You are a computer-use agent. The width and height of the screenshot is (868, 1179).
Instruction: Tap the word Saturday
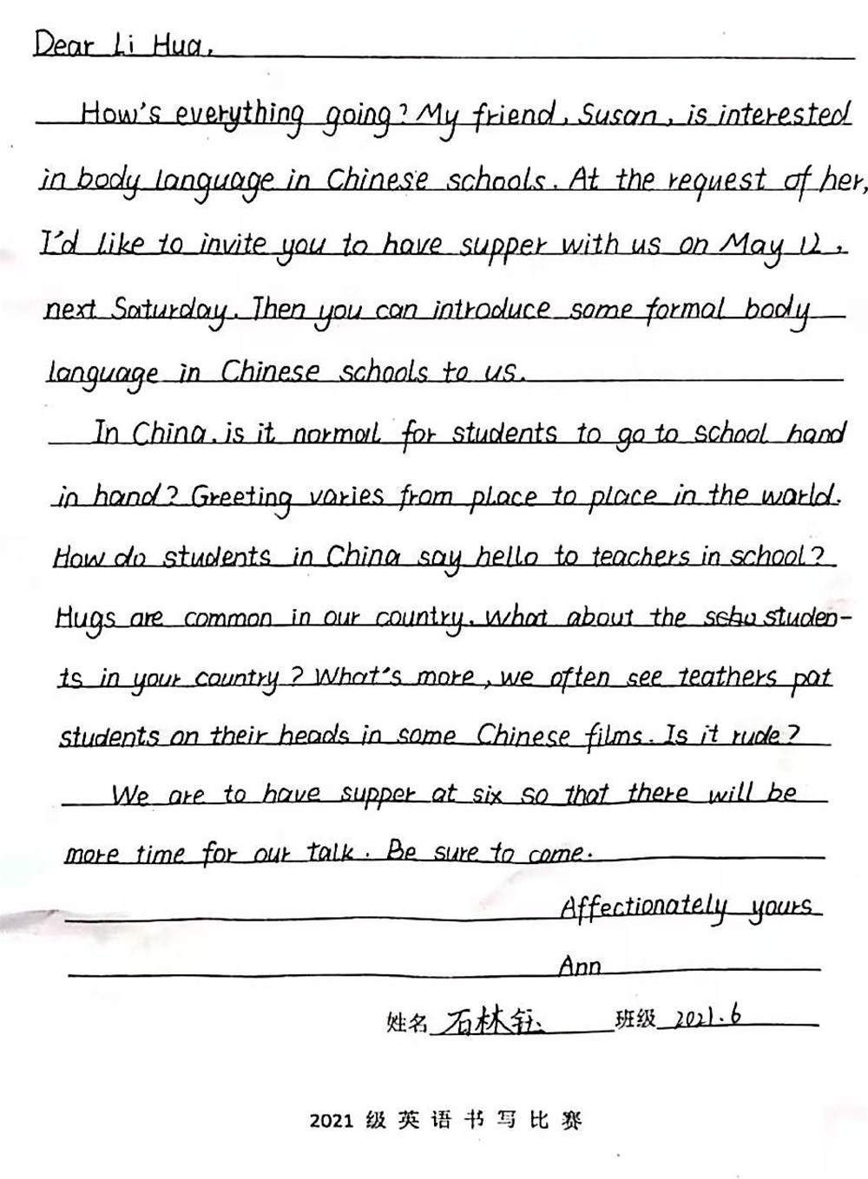click(170, 311)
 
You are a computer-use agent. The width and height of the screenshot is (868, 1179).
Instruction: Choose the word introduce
click(491, 310)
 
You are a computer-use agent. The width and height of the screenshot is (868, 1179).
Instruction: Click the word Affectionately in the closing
click(643, 908)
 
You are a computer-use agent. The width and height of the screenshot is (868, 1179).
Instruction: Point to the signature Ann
click(580, 966)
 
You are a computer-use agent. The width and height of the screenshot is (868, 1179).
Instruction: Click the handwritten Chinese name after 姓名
click(489, 1022)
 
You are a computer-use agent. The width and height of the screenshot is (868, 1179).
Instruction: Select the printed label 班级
click(635, 1020)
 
